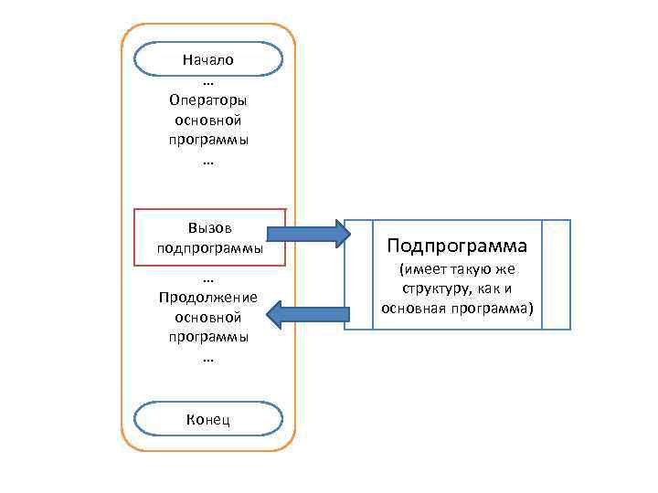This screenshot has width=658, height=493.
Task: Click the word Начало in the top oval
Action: [x=207, y=59]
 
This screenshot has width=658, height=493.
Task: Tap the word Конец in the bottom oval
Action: [x=207, y=419]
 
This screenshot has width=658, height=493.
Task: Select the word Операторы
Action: [x=208, y=100]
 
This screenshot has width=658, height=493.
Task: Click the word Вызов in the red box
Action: [x=208, y=228]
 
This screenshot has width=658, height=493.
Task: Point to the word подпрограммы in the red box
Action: [x=209, y=247]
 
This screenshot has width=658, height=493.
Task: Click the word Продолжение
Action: [x=208, y=298]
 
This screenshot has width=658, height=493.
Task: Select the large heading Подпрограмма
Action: [x=457, y=246]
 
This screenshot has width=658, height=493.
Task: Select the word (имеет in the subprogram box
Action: [x=419, y=270]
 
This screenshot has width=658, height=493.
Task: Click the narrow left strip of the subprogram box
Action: [x=358, y=274]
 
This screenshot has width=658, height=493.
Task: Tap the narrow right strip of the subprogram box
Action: [x=556, y=274]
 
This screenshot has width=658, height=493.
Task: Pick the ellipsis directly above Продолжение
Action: [x=208, y=278]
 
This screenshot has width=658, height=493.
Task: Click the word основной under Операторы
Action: [x=208, y=120]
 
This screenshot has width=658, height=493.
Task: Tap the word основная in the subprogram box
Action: [x=412, y=308]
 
